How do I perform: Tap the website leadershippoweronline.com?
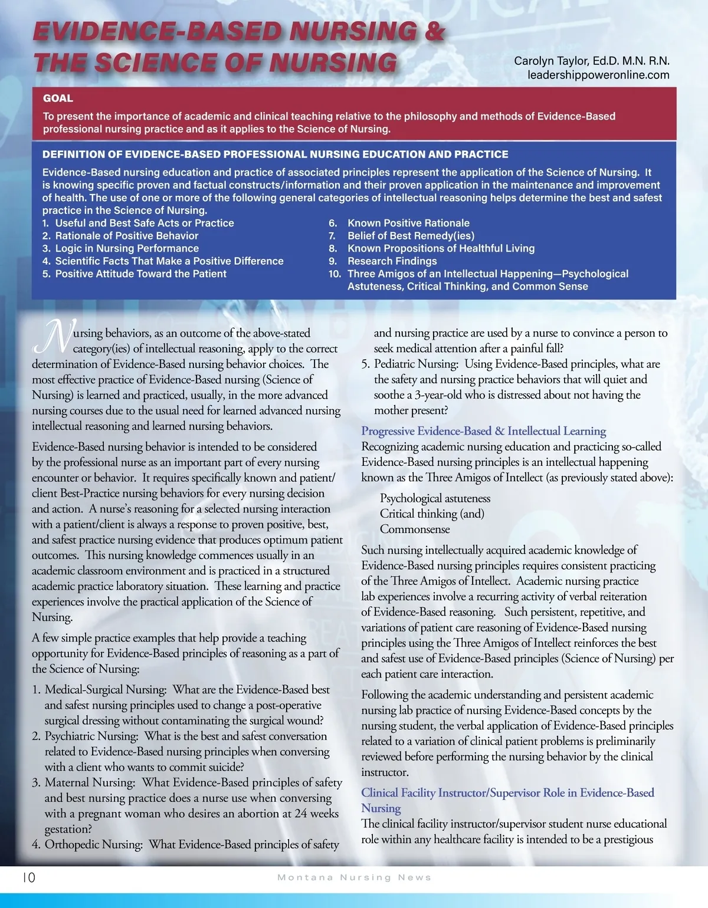click(x=598, y=75)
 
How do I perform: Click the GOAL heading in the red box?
click(x=58, y=98)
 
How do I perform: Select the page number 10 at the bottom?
click(x=29, y=877)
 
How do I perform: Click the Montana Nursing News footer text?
click(x=354, y=877)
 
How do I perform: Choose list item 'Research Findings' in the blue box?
click(x=392, y=261)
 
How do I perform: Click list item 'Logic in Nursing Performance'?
click(x=127, y=248)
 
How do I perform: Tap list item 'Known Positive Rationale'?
click(x=408, y=223)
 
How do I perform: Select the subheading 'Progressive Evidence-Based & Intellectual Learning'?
click(x=483, y=431)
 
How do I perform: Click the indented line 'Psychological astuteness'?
click(x=435, y=498)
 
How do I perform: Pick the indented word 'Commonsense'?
click(x=415, y=529)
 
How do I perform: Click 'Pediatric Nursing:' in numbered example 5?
click(x=416, y=364)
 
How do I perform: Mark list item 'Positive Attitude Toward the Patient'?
click(x=140, y=274)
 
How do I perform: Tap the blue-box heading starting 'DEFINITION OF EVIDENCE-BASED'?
click(x=275, y=154)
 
